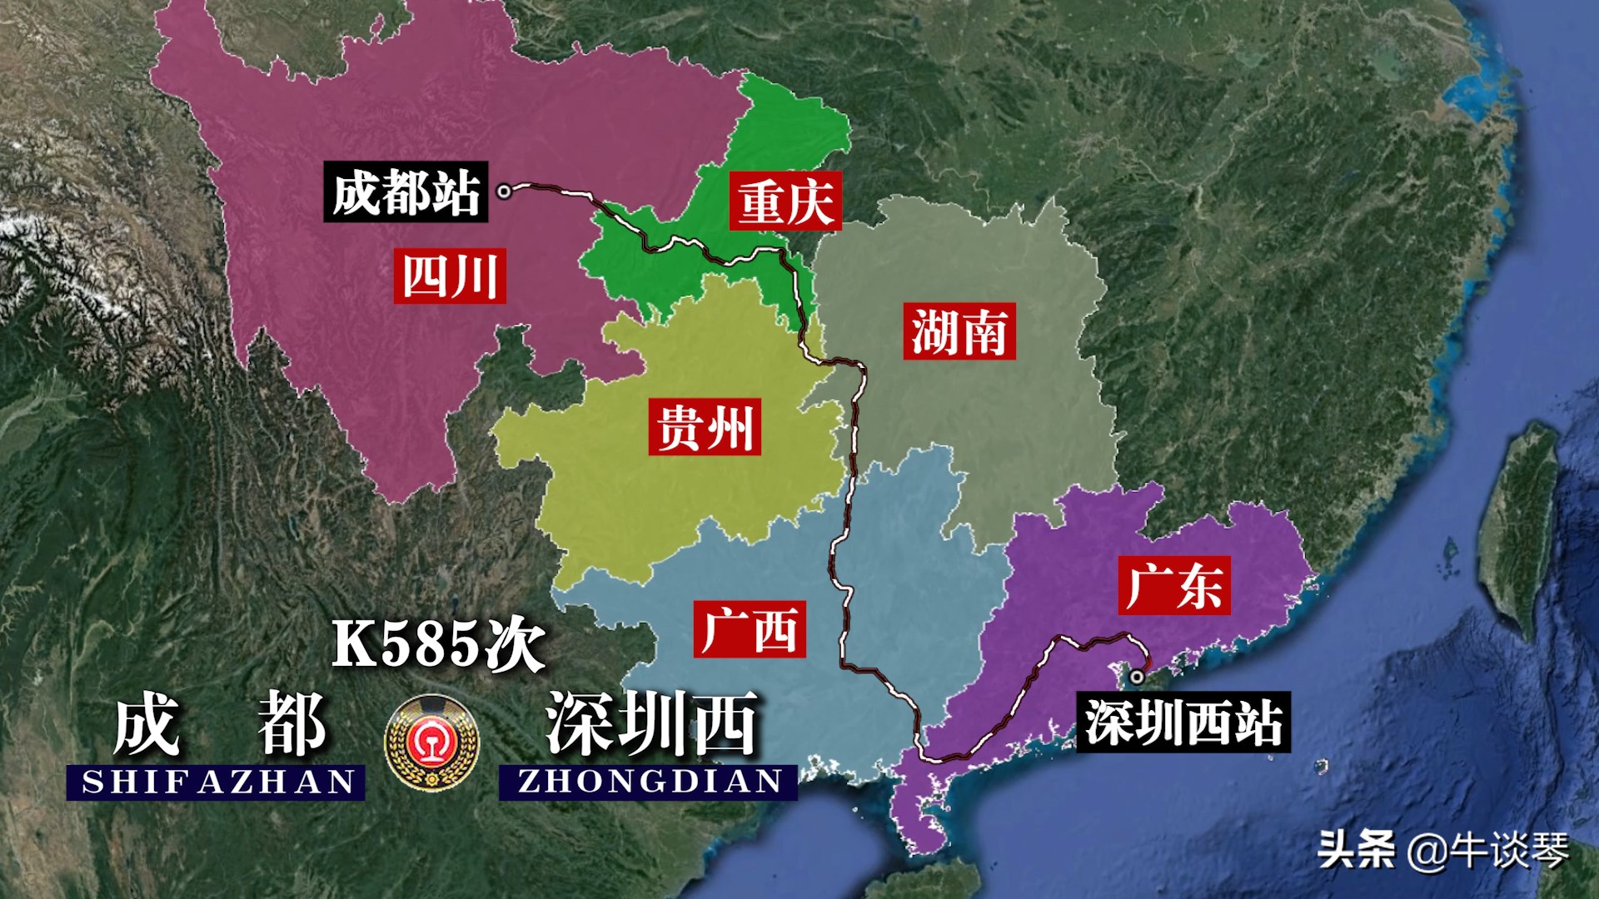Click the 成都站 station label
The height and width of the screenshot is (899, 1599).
pyautogui.click(x=406, y=192)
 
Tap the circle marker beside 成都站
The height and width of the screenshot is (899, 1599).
pyautogui.click(x=504, y=191)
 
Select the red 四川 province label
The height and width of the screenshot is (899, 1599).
pyautogui.click(x=450, y=276)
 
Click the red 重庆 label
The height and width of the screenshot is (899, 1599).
pyautogui.click(x=785, y=201)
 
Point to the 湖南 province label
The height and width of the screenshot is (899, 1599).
pyautogui.click(x=959, y=331)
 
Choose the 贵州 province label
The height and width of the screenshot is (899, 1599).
pyautogui.click(x=705, y=427)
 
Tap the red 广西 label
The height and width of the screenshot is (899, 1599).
pyautogui.click(x=750, y=629)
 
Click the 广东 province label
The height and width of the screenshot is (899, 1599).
pyautogui.click(x=1174, y=585)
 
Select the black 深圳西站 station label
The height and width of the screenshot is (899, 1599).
pyautogui.click(x=1183, y=722)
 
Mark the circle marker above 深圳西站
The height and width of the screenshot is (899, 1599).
pyautogui.click(x=1137, y=678)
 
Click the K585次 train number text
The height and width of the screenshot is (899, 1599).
pyautogui.click(x=438, y=644)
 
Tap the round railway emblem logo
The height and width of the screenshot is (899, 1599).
pyautogui.click(x=431, y=743)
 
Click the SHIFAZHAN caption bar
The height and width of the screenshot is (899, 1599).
pyautogui.click(x=217, y=782)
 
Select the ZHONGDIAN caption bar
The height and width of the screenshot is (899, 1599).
pyautogui.click(x=649, y=782)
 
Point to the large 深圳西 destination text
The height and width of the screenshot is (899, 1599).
pyautogui.click(x=651, y=724)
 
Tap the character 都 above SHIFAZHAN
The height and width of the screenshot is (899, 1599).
pyautogui.click(x=291, y=724)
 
